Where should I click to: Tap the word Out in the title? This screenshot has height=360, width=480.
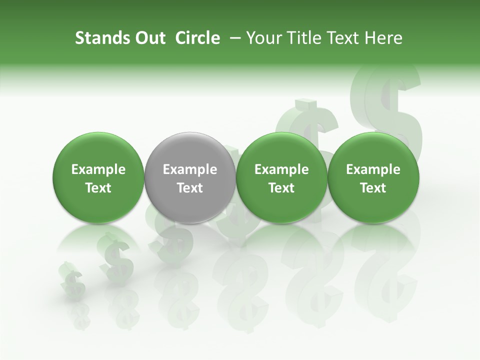(149, 38)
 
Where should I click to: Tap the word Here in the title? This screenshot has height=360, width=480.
(383, 38)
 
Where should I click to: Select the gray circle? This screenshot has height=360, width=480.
(190, 177)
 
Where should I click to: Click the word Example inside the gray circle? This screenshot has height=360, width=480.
(190, 169)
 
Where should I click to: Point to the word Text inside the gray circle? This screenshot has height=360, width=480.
(190, 188)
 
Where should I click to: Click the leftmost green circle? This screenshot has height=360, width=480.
(98, 177)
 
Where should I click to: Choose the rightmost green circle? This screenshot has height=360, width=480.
(373, 177)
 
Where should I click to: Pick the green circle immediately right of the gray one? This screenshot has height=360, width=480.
(281, 177)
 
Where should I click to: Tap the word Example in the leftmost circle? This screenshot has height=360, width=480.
(98, 169)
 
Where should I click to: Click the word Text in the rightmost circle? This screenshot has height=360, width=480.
(373, 188)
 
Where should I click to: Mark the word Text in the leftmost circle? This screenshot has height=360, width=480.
(98, 188)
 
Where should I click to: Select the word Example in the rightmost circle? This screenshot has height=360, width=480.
(373, 169)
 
